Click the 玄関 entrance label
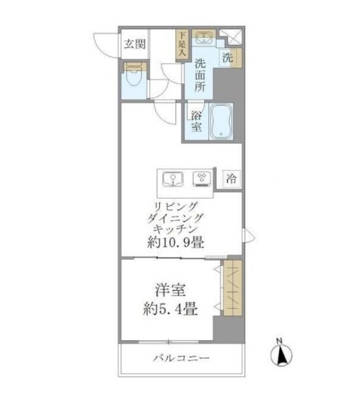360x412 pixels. [135, 44]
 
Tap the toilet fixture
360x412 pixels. [134, 75]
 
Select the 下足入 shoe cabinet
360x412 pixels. [182, 44]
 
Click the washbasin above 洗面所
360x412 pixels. [204, 37]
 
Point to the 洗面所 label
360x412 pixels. [199, 76]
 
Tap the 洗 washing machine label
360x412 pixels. [227, 58]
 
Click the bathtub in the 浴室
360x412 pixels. [221, 121]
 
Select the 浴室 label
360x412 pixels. [196, 121]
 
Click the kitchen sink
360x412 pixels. [172, 179]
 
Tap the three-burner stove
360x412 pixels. [202, 179]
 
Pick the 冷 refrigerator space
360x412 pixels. [232, 179]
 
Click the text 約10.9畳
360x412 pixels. [175, 243]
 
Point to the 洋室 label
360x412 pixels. [170, 290]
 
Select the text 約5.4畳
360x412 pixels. [170, 309]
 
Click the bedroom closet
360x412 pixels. [232, 288]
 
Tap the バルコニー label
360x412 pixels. [181, 358]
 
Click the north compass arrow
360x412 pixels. [281, 356]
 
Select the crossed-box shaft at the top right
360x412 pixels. [230, 37]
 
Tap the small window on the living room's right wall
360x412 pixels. [248, 235]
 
